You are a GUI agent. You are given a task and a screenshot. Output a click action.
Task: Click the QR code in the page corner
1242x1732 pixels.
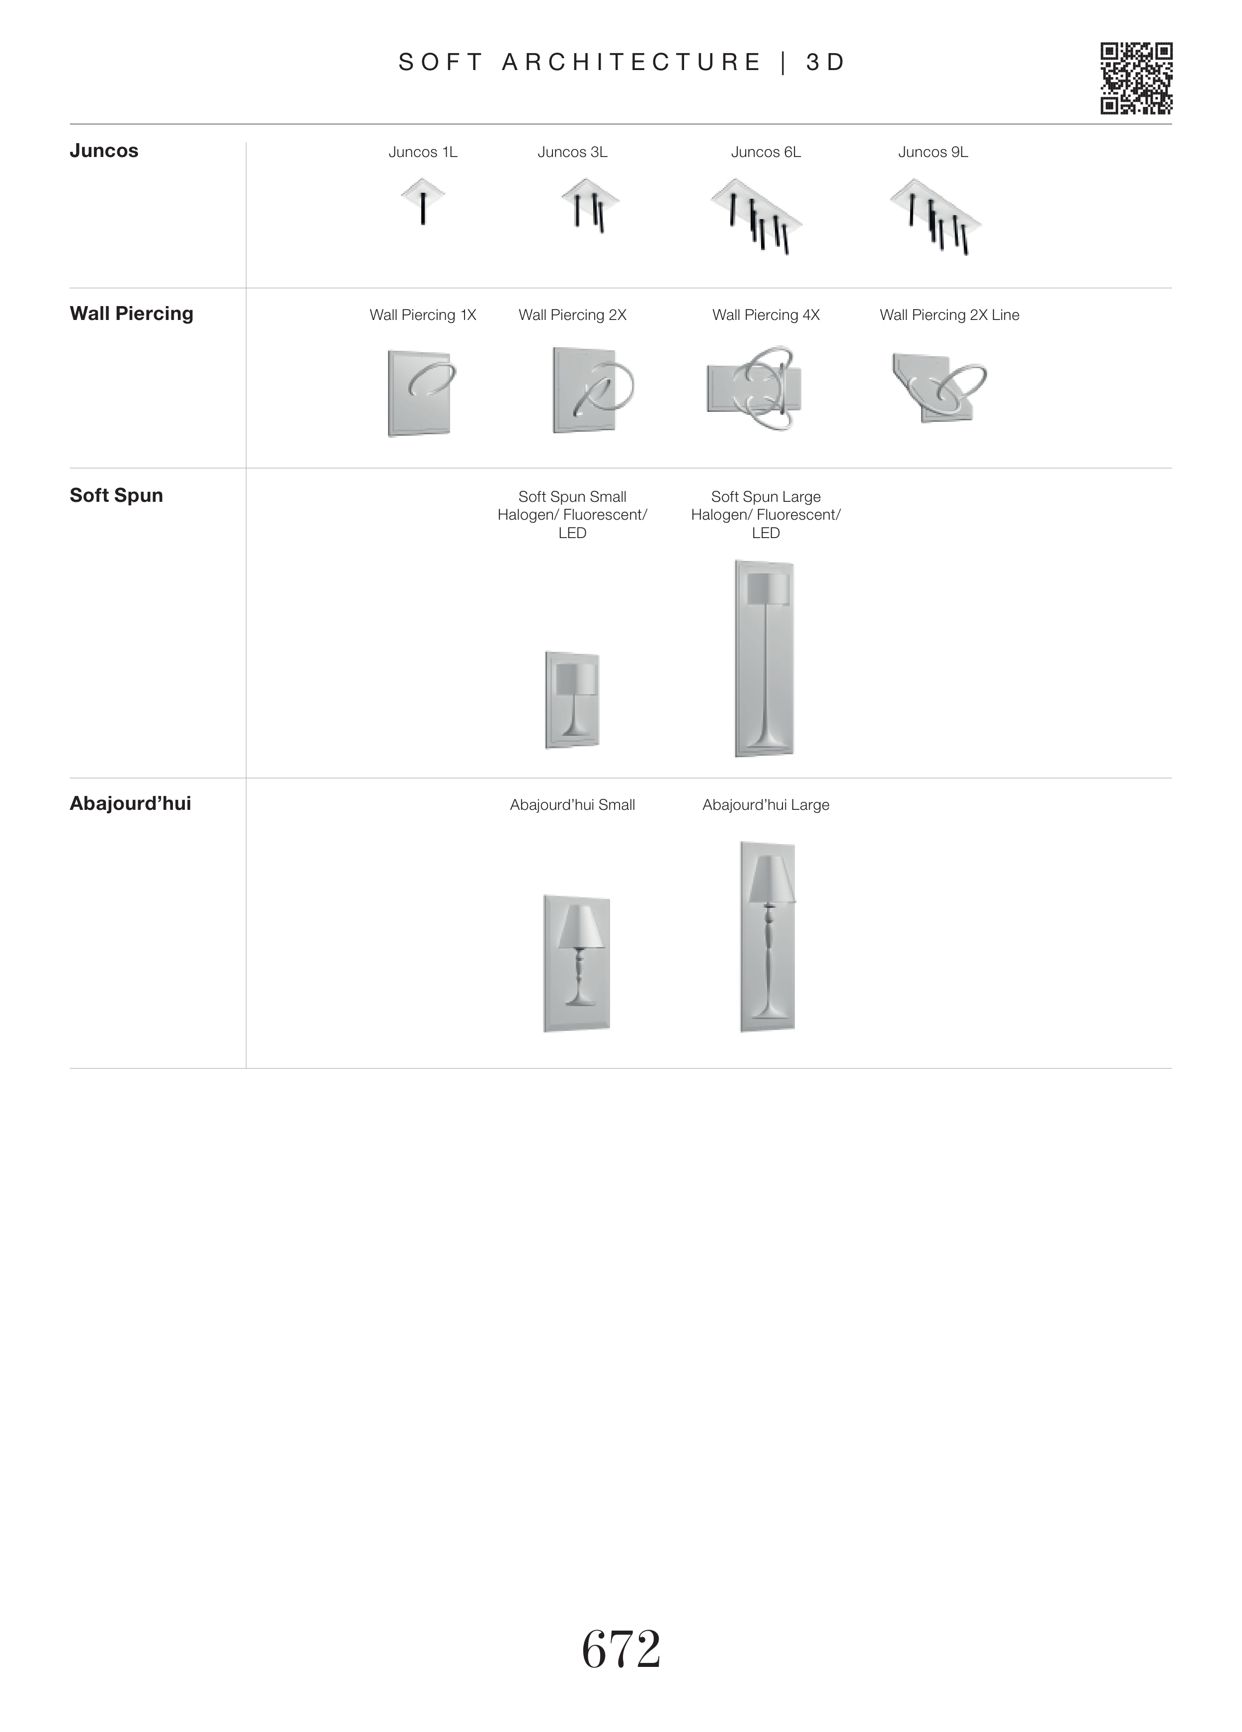(1136, 79)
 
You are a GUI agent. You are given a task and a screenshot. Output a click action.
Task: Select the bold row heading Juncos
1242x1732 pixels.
(104, 151)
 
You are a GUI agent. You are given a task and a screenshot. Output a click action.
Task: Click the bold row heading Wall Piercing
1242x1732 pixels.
(131, 313)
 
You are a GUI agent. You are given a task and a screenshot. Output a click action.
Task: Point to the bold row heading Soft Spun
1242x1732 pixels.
(116, 495)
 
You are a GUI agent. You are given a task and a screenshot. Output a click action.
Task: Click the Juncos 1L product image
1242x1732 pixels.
(422, 201)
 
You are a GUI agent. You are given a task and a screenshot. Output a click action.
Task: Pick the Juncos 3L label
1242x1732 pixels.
(572, 152)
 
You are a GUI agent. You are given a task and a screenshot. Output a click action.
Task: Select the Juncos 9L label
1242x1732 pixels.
(933, 152)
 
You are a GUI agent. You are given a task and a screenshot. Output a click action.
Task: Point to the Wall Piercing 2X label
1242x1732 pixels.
(572, 315)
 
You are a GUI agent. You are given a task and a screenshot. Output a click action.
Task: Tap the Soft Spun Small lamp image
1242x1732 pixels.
(572, 700)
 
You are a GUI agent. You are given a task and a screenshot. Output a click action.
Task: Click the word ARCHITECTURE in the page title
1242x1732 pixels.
(632, 62)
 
